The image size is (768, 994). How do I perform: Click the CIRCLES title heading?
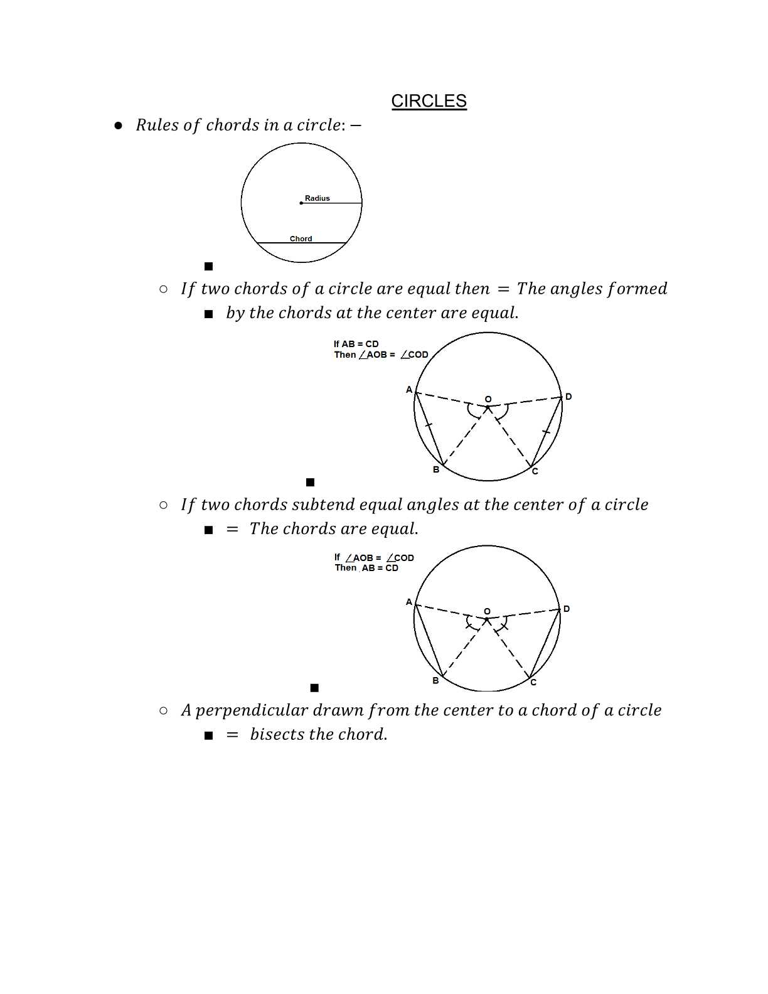(x=429, y=101)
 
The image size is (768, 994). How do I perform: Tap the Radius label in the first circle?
(x=317, y=198)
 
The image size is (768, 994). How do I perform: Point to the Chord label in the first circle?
(x=301, y=238)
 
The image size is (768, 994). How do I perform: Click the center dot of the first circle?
(x=301, y=203)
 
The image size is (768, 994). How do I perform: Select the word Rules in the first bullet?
(x=157, y=126)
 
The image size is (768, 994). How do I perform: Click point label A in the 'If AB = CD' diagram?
(x=409, y=390)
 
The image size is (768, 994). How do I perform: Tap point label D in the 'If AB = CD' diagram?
(x=568, y=397)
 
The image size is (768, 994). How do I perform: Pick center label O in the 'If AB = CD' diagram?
(x=488, y=399)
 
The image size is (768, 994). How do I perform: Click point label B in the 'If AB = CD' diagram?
(x=436, y=469)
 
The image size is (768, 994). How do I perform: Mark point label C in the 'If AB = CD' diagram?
(x=535, y=471)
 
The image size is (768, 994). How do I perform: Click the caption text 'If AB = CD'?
(x=356, y=344)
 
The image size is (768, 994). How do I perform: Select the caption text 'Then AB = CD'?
(x=366, y=568)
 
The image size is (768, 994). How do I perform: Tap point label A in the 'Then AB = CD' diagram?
(x=409, y=602)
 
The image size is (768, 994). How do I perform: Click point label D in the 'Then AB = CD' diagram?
(x=567, y=609)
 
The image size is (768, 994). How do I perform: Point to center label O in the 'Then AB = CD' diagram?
(x=487, y=611)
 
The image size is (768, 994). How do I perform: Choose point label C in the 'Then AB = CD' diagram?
(x=533, y=683)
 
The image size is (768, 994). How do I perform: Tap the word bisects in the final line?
(x=277, y=734)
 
